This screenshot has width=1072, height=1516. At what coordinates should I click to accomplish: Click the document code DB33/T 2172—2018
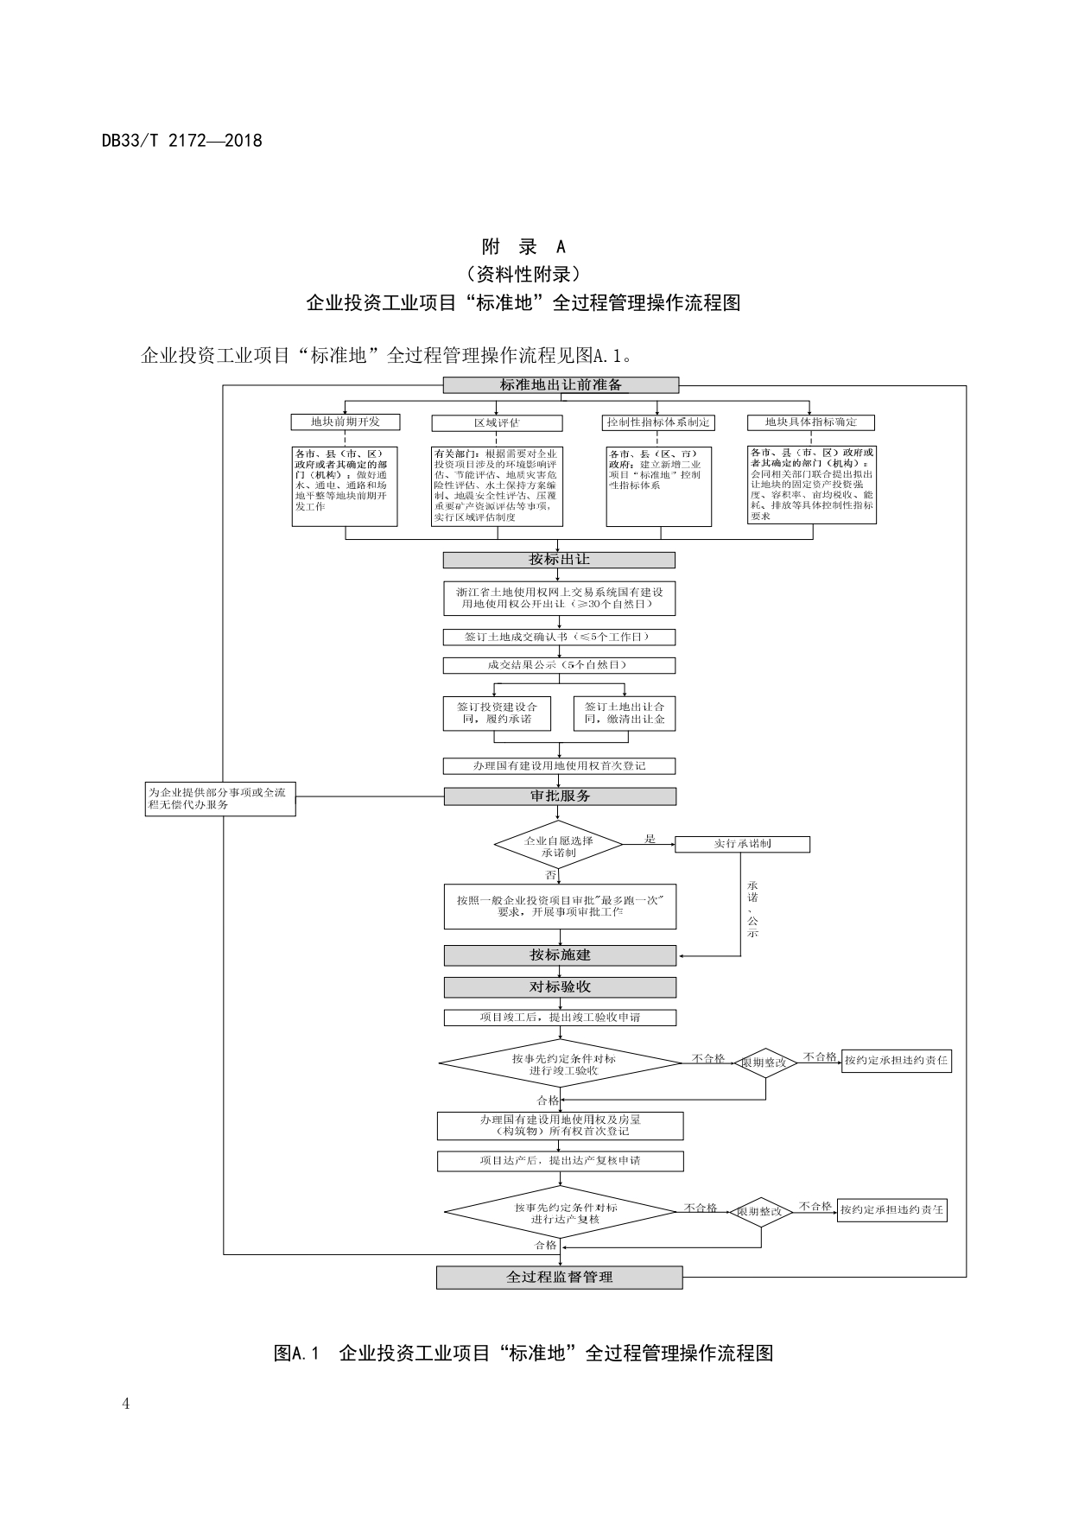click(x=181, y=140)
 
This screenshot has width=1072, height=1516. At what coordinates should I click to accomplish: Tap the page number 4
click(x=126, y=1403)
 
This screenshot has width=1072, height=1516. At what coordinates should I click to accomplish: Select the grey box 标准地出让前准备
click(x=561, y=385)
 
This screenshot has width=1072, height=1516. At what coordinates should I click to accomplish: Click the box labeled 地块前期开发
click(x=346, y=422)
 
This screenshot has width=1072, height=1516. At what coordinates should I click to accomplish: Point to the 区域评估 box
click(x=497, y=423)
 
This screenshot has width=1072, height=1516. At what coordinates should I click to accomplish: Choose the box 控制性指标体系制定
click(x=658, y=422)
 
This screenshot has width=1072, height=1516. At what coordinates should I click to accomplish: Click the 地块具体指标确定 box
click(x=810, y=422)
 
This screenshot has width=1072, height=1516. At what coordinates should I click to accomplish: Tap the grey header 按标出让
click(x=559, y=560)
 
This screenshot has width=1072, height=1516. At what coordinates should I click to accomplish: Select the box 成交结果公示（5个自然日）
click(x=559, y=665)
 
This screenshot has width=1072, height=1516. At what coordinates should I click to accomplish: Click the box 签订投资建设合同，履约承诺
click(x=497, y=713)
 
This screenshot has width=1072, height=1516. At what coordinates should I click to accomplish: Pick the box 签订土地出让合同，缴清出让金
click(x=625, y=713)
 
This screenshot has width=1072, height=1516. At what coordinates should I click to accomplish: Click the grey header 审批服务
click(x=560, y=796)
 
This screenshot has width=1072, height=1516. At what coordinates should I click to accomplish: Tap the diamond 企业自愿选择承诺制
click(x=558, y=845)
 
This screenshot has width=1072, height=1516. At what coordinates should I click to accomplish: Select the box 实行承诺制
click(x=742, y=844)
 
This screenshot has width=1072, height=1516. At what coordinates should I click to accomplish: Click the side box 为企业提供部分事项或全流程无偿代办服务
click(x=220, y=798)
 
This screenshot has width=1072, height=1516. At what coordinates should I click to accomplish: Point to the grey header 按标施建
click(x=560, y=955)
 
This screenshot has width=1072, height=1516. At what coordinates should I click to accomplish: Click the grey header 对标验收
click(x=560, y=986)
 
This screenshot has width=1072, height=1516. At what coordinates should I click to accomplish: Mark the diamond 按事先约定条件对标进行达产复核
click(x=560, y=1213)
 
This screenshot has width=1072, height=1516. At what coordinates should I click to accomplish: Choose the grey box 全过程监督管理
click(x=559, y=1277)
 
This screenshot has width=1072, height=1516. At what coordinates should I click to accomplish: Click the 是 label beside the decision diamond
click(x=650, y=839)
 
